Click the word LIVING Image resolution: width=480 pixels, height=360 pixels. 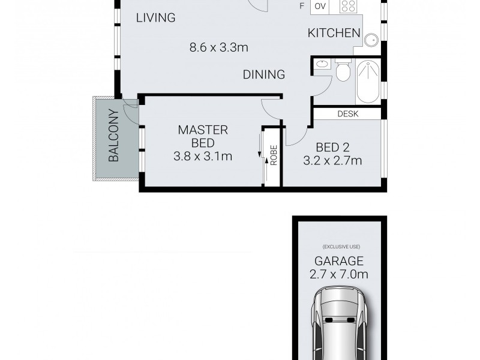(155, 18)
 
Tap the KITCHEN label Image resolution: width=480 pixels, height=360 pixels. (334, 34)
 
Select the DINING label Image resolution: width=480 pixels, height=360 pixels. (263, 75)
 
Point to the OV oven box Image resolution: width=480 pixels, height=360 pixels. (320, 7)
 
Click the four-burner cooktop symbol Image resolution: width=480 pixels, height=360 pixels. (349, 7)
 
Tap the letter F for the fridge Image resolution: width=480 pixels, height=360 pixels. (302, 7)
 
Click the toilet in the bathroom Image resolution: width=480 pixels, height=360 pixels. (343, 71)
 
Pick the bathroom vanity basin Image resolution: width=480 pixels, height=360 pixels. (322, 63)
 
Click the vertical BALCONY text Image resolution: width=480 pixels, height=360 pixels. (114, 136)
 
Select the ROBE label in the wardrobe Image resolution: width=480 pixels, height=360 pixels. (274, 156)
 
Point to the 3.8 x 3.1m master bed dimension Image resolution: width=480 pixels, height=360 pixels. (202, 157)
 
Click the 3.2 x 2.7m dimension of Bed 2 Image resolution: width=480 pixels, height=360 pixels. (334, 161)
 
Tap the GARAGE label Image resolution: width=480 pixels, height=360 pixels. (340, 262)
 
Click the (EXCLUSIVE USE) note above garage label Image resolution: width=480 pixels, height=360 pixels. (340, 247)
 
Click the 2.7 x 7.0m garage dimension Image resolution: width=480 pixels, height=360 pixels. (340, 275)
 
